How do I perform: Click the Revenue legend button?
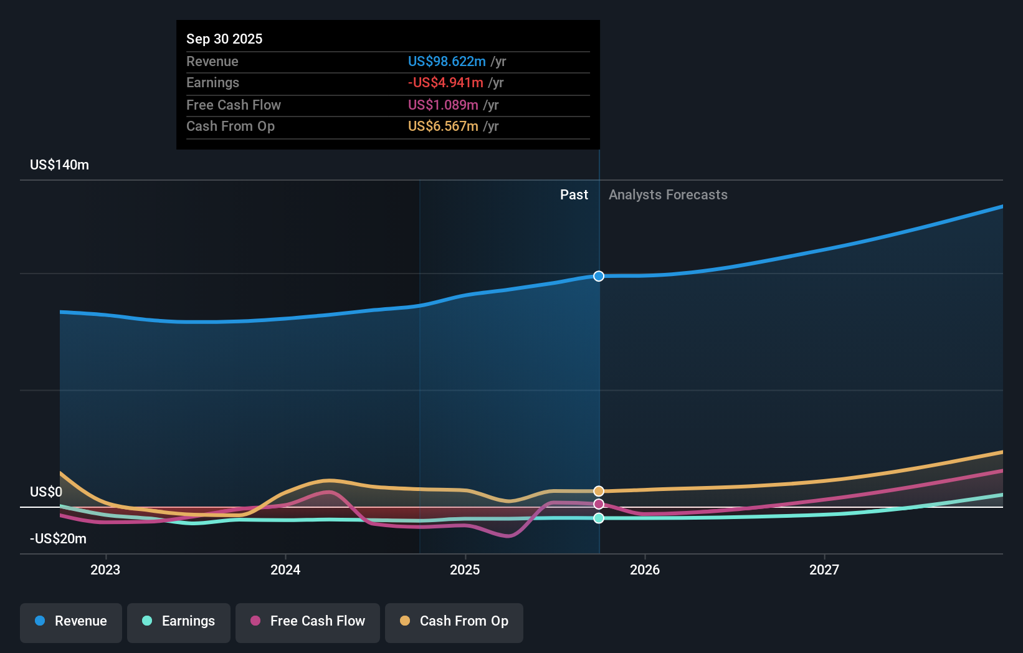click(71, 622)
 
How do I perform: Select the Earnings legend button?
click(179, 622)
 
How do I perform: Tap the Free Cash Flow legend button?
click(308, 622)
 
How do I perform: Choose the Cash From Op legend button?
click(454, 622)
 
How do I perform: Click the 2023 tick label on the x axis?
click(105, 570)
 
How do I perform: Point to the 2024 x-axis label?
click(285, 570)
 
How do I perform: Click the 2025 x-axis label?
click(465, 570)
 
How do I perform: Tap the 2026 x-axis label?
click(645, 570)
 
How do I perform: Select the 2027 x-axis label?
click(824, 570)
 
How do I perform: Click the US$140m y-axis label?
click(60, 165)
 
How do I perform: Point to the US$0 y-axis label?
click(46, 492)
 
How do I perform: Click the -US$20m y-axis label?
click(59, 539)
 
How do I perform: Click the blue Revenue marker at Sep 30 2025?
click(599, 276)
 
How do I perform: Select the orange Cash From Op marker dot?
click(599, 491)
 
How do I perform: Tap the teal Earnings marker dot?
click(599, 518)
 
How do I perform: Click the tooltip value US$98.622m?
click(447, 62)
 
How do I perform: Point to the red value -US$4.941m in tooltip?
click(445, 83)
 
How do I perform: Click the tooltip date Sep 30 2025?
click(224, 39)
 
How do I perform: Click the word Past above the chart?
click(574, 195)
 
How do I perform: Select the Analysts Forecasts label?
click(668, 195)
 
